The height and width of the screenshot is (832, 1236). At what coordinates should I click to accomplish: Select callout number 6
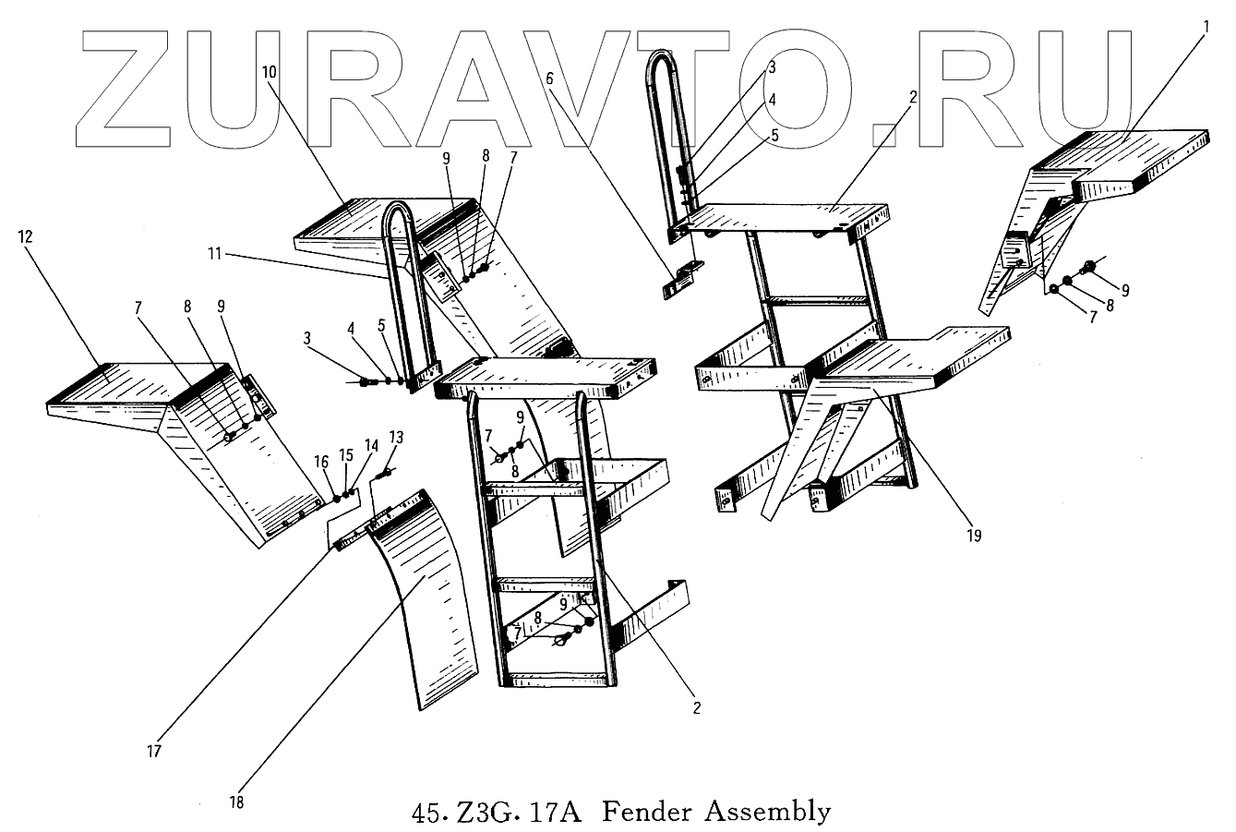tap(551, 78)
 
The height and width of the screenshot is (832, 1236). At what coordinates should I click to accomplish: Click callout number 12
tap(25, 237)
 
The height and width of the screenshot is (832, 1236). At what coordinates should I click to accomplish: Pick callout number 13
tap(395, 437)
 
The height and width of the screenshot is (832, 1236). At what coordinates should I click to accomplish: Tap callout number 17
tap(154, 751)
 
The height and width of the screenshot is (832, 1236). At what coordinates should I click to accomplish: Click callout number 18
tap(237, 802)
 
